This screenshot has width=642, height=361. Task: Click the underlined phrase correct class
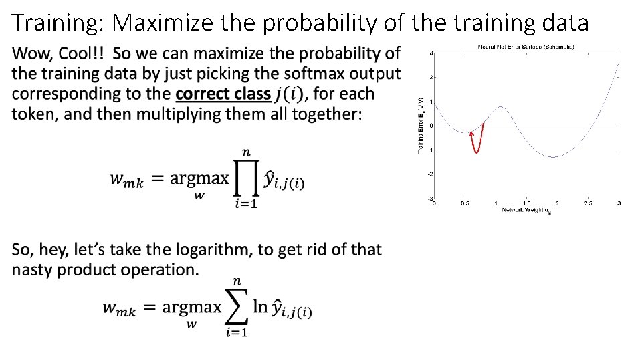pyautogui.click(x=223, y=94)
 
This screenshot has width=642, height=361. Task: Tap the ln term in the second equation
pyautogui.click(x=261, y=307)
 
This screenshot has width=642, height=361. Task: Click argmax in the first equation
pyautogui.click(x=199, y=178)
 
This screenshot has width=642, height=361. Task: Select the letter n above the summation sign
pyautogui.click(x=237, y=281)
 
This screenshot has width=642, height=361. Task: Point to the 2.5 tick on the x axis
pyautogui.click(x=588, y=203)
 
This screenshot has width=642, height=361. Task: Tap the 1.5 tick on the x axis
pyautogui.click(x=526, y=203)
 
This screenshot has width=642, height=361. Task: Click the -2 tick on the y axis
pyautogui.click(x=430, y=174)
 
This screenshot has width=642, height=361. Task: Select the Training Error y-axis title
pyautogui.click(x=421, y=124)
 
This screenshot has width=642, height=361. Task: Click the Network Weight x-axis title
pyautogui.click(x=526, y=211)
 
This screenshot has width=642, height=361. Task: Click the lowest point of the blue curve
pyautogui.click(x=552, y=157)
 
